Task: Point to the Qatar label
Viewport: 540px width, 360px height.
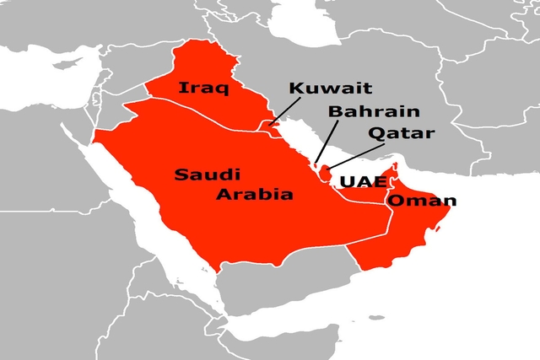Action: [x=401, y=133]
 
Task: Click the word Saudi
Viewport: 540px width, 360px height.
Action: [x=208, y=175]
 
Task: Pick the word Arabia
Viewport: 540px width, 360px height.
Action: [x=254, y=195]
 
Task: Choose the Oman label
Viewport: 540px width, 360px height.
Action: [x=421, y=201]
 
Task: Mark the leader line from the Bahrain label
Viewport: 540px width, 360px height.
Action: [x=328, y=138]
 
